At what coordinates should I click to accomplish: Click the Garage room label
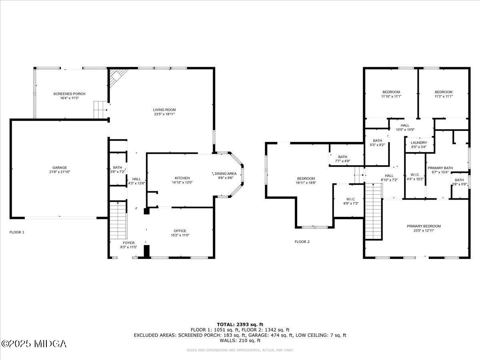pos(60,168)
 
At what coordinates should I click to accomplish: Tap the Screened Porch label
pos(69,94)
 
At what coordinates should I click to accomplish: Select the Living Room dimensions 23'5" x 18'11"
pos(164,114)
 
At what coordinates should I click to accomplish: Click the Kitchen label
pos(182,178)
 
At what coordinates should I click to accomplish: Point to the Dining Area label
pos(226,173)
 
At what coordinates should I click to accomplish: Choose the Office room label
pos(180,231)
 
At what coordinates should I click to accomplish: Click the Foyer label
pos(129,243)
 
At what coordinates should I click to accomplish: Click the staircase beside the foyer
pos(118,220)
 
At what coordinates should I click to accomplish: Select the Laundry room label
pos(419,142)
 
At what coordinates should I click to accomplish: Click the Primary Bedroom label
pos(424,226)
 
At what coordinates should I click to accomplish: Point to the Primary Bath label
pos(440,168)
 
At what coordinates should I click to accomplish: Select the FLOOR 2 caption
pos(302,242)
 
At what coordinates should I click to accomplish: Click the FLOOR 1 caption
pos(17,232)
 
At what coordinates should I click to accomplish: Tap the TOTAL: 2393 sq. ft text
pos(240,324)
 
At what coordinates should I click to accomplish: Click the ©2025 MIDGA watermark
pos(34,344)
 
